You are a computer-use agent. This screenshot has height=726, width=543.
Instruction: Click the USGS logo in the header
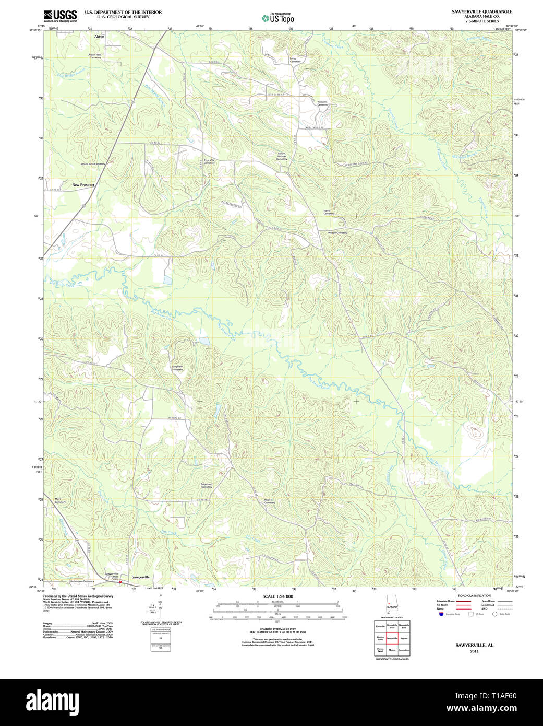click(60, 16)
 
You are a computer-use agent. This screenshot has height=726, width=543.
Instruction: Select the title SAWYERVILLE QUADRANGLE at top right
click(474, 11)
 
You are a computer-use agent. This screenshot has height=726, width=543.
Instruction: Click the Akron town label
click(99, 37)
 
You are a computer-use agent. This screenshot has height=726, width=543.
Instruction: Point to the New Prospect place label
click(83, 185)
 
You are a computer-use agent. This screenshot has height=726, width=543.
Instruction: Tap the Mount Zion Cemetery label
click(93, 164)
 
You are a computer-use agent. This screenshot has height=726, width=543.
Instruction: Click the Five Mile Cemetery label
click(209, 162)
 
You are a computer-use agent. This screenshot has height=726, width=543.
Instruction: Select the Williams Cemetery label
click(323, 103)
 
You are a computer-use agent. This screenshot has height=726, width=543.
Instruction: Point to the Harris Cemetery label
click(329, 212)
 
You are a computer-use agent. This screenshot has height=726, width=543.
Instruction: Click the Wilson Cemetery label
click(337, 233)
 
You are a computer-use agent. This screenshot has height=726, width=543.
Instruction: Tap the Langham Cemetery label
click(177, 368)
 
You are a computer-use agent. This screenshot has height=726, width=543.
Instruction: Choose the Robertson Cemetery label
click(207, 485)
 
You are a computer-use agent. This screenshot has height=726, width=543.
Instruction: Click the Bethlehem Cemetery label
click(82, 581)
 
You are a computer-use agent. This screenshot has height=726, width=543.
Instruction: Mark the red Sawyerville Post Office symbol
click(120, 581)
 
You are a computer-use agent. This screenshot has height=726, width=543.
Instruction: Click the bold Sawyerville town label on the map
click(140, 577)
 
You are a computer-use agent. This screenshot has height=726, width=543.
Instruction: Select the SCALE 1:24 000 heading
click(277, 596)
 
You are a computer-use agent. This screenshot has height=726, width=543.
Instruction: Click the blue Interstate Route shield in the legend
click(441, 614)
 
